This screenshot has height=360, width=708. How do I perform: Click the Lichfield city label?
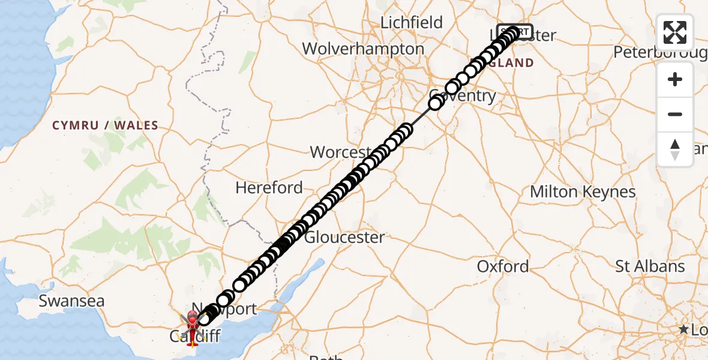click(412, 23)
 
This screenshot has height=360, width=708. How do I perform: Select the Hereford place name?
click(269, 188)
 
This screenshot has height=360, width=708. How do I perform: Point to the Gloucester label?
click(345, 237)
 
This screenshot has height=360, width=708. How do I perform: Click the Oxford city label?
click(503, 266)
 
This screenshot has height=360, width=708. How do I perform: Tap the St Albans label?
click(650, 266)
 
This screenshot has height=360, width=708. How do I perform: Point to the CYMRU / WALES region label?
click(105, 126)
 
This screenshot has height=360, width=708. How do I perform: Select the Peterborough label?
click(660, 53)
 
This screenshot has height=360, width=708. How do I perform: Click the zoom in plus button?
click(675, 79)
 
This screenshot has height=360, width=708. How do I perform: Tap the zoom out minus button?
click(675, 114)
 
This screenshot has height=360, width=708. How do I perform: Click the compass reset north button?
click(675, 149)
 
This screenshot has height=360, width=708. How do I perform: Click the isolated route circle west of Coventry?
click(436, 103)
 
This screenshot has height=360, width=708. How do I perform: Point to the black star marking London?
click(683, 329)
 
